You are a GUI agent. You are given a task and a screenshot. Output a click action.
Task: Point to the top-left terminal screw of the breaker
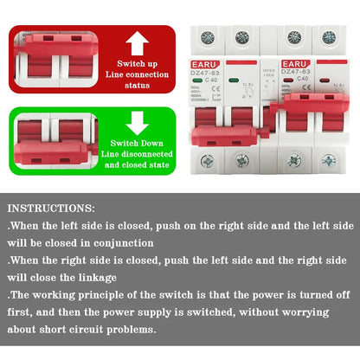click(207, 37)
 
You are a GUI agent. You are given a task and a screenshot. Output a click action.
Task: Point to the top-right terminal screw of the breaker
click(330, 37)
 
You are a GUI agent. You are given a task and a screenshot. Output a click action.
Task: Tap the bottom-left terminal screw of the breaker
click(207, 160)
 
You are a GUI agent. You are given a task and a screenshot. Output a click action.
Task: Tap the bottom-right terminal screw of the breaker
click(330, 160)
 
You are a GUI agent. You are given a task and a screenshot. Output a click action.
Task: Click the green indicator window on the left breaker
click(202, 84)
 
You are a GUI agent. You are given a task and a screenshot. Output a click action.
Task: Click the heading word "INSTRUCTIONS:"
click(52, 209)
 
